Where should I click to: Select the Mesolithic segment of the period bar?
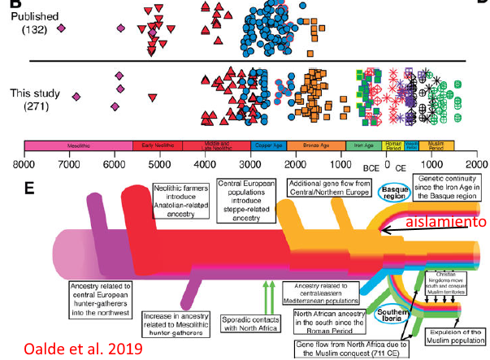[78, 146]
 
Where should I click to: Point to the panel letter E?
[29, 189]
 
